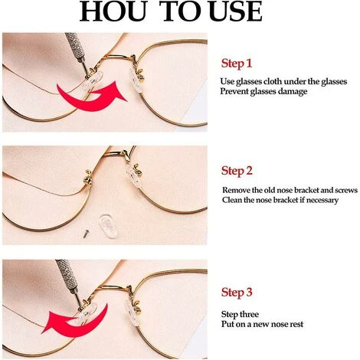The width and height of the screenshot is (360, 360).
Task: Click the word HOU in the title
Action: tap(113, 11)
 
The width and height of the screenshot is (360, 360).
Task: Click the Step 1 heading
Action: tap(237, 64)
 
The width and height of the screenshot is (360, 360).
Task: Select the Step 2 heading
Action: tap(237, 171)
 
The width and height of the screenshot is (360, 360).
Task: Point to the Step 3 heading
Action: tap(237, 292)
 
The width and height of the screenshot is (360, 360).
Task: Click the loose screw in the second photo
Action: tap(87, 234)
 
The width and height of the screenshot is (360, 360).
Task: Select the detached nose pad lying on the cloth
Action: tap(108, 226)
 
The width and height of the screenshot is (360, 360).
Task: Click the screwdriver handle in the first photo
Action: tap(75, 45)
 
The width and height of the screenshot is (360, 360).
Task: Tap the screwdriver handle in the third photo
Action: tap(67, 273)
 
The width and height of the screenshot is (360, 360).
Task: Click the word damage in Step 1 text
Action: tap(293, 91)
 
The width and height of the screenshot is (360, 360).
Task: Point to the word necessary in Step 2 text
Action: tap(322, 201)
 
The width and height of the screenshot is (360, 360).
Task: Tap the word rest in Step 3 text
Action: tap(296, 325)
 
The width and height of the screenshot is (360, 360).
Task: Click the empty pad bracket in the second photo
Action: tap(88, 178)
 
